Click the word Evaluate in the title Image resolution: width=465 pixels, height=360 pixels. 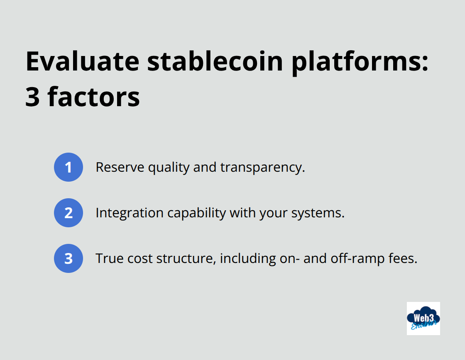click(82, 61)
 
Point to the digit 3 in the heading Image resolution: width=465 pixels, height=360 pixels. click(32, 97)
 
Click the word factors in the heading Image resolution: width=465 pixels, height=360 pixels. click(94, 97)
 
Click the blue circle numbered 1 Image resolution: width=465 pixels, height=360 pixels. click(69, 167)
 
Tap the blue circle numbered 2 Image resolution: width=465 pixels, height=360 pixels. click(69, 213)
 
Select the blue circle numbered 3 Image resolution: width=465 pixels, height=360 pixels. click(69, 258)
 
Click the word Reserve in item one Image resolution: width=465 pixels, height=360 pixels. click(120, 167)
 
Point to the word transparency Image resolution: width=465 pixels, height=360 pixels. click(262, 167)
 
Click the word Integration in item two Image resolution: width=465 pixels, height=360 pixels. click(129, 213)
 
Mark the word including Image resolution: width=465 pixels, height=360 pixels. click(248, 258)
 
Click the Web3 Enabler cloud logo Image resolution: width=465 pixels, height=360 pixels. click(423, 318)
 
